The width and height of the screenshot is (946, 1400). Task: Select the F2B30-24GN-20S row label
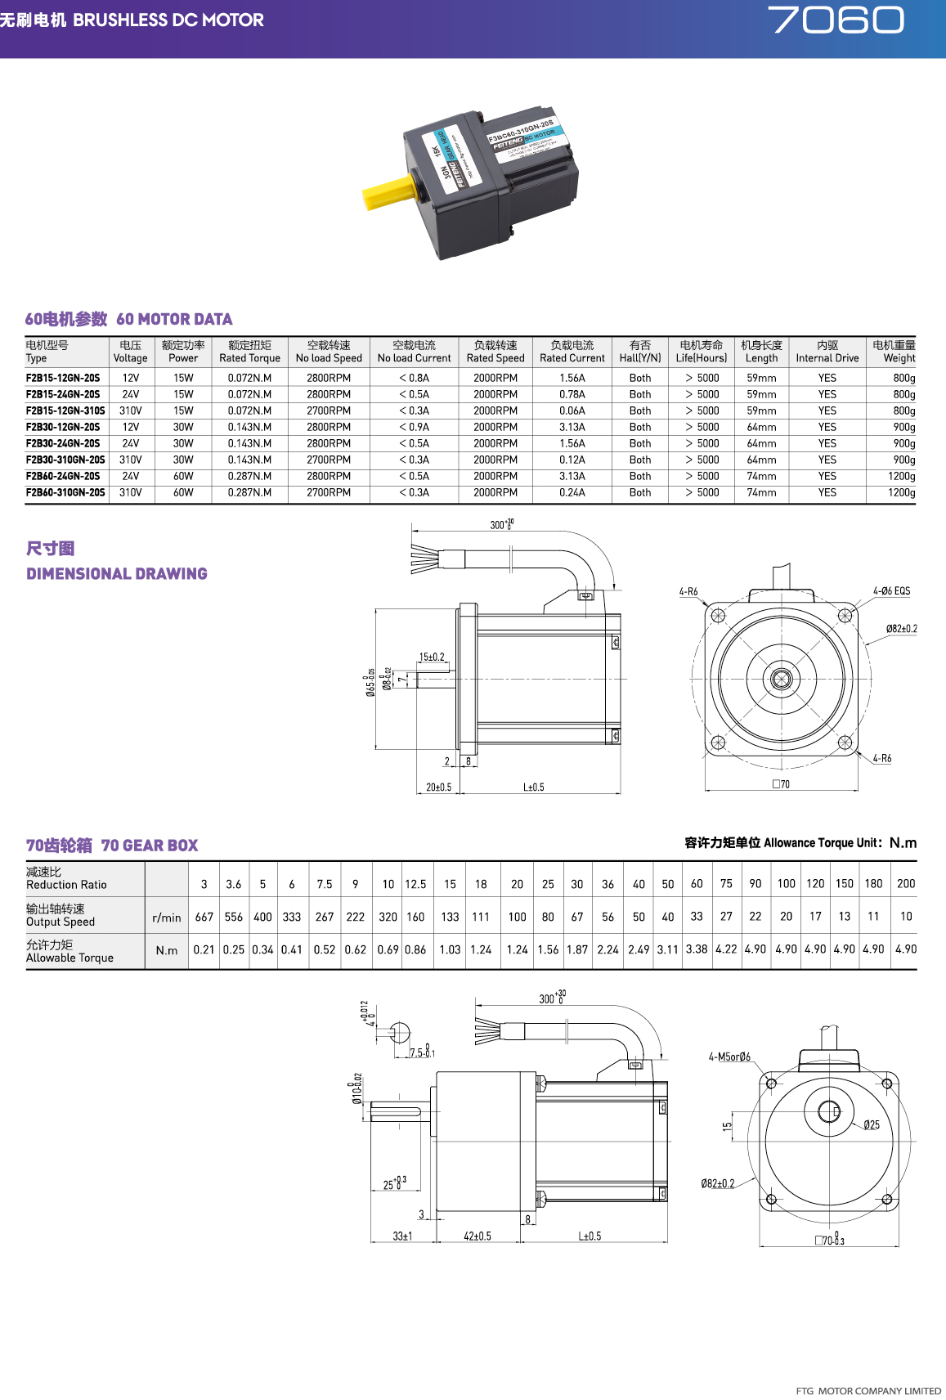(63, 443)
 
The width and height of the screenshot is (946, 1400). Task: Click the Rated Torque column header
(249, 352)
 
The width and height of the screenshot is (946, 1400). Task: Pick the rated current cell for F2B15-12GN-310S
(572, 411)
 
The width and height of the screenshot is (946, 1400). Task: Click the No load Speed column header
(329, 352)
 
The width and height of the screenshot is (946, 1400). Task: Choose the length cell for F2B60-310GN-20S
(761, 492)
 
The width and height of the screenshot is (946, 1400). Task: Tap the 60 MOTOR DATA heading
(128, 319)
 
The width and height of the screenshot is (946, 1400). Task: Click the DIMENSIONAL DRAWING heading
(117, 573)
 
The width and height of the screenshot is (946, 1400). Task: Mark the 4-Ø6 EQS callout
(890, 590)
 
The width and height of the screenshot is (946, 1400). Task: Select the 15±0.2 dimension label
(432, 657)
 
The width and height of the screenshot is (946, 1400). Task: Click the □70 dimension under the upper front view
(781, 784)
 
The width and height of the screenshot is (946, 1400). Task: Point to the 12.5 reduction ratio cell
(415, 884)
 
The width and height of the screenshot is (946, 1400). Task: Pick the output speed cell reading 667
(204, 917)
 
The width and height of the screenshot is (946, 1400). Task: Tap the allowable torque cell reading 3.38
(697, 949)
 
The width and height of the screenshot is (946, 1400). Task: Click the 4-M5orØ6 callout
(729, 1057)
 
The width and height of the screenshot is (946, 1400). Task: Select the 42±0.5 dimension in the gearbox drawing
(477, 1236)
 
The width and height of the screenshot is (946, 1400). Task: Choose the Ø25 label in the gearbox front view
(872, 1125)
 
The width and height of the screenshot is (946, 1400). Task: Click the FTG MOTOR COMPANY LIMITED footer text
(868, 1390)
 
